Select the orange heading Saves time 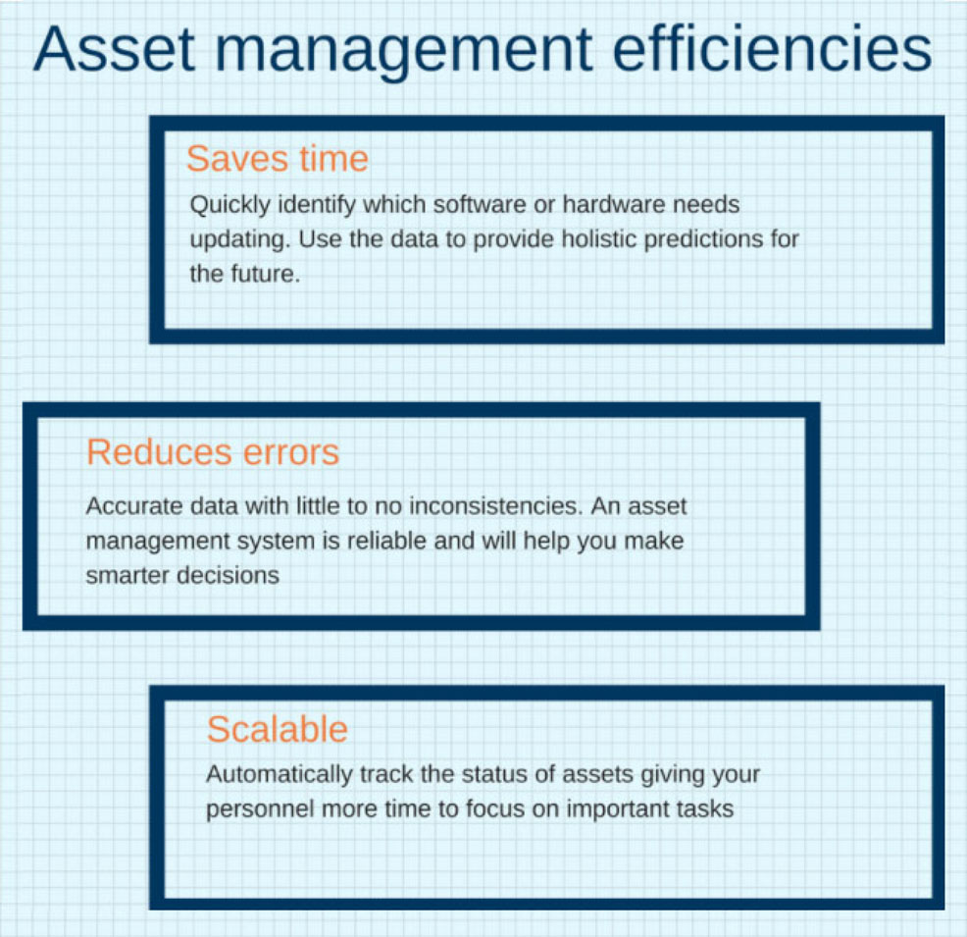[x=278, y=159]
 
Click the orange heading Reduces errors [x=213, y=452]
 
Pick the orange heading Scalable [x=278, y=729]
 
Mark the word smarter [x=127, y=575]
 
